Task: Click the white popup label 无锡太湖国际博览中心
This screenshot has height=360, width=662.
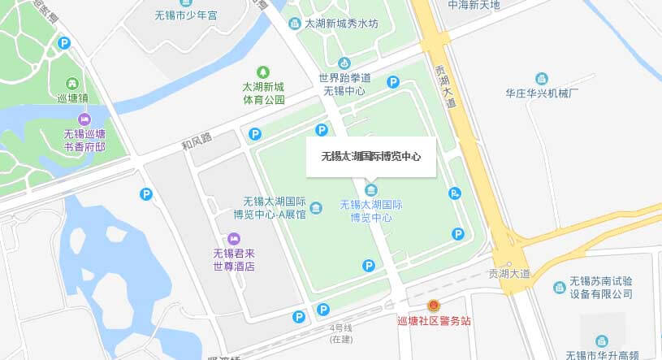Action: click(371, 155)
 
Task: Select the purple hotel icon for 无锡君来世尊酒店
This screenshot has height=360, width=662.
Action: click(234, 237)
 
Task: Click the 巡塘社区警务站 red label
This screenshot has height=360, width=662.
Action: click(434, 321)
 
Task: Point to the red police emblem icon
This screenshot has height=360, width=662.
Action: click(434, 306)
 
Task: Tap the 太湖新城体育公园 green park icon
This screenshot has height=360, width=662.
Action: click(262, 72)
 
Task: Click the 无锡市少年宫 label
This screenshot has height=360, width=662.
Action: click(187, 14)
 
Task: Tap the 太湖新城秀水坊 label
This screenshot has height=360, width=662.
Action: click(341, 24)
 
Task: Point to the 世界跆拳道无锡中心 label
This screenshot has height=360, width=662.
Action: click(344, 85)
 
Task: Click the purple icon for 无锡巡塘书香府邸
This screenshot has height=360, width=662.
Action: click(84, 119)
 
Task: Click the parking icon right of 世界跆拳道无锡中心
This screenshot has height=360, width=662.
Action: click(393, 81)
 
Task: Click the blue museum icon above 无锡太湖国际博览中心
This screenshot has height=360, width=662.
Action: click(372, 190)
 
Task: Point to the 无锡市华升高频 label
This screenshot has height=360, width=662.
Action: click(613, 355)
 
